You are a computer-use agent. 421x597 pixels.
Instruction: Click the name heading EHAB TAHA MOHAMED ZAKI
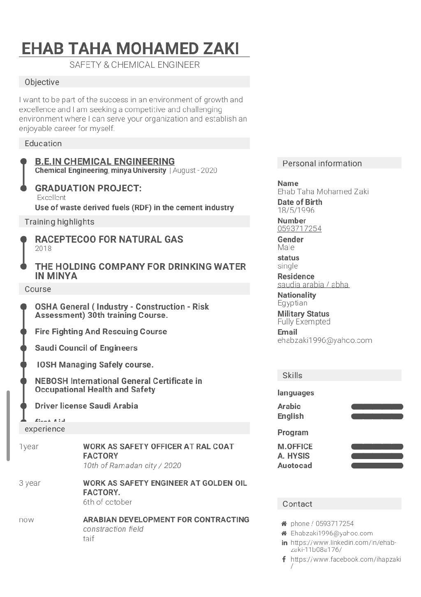(x=130, y=48)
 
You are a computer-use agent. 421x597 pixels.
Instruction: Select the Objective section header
(x=42, y=82)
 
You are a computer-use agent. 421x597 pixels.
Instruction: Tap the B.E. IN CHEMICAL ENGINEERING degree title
(x=105, y=161)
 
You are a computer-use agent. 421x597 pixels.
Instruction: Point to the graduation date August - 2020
(x=195, y=170)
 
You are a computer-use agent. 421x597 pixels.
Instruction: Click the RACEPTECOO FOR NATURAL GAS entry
(x=109, y=239)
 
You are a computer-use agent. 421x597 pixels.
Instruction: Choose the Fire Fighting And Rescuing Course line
(x=101, y=331)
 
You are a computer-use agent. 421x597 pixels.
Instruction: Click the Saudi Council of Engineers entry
(x=86, y=348)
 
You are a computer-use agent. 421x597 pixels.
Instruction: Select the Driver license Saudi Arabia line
(x=86, y=406)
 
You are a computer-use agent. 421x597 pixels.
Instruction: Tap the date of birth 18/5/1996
(x=296, y=210)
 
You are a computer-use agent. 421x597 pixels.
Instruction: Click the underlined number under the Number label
(x=299, y=229)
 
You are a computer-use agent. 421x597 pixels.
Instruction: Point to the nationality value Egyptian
(x=292, y=303)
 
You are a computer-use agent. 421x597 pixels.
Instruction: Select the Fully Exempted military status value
(x=304, y=322)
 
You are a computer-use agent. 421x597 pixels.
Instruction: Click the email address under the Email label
(x=325, y=340)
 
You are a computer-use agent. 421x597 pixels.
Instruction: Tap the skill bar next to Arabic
(x=377, y=407)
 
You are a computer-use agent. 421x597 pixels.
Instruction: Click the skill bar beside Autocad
(x=377, y=466)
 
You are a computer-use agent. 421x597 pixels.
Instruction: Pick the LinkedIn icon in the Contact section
(x=284, y=543)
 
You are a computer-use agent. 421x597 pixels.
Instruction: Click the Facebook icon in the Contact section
(x=284, y=559)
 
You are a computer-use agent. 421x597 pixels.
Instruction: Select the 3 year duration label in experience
(x=30, y=483)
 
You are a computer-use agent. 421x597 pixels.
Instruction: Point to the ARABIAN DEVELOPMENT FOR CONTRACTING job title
(x=166, y=520)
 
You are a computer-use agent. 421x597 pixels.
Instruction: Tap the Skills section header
(x=292, y=375)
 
